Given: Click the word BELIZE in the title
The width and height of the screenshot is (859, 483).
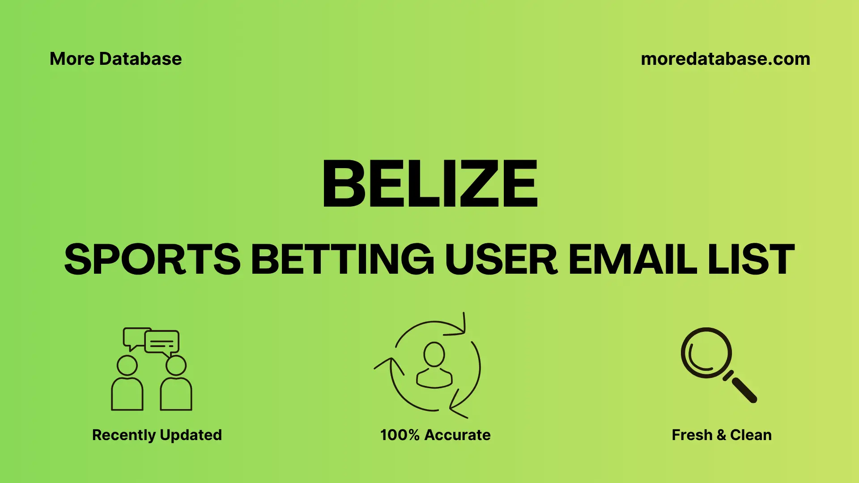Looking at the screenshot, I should click(429, 184).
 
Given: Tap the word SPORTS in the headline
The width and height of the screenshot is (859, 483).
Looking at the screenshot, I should click(153, 259).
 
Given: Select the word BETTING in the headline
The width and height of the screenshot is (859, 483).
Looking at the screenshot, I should click(342, 259).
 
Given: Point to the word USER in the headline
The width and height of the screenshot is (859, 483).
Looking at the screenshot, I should click(501, 259).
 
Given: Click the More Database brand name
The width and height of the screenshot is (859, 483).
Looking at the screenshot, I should click(115, 59).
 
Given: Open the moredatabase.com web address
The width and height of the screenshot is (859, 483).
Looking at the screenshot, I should click(725, 59).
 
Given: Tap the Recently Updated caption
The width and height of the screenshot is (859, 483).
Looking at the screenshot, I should click(157, 435).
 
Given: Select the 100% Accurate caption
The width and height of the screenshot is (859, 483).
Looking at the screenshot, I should click(435, 435).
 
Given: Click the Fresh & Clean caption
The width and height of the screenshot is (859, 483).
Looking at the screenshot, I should click(722, 435).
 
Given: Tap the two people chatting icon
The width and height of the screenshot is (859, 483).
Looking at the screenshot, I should click(151, 369).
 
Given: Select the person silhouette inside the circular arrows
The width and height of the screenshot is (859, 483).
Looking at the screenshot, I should click(434, 365).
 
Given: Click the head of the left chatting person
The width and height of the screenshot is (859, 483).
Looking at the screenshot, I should click(127, 365).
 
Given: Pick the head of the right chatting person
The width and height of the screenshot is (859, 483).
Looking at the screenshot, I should click(176, 365).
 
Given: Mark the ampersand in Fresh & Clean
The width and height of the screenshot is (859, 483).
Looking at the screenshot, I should click(721, 435).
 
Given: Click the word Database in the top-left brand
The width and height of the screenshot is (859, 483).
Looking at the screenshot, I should click(140, 59).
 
